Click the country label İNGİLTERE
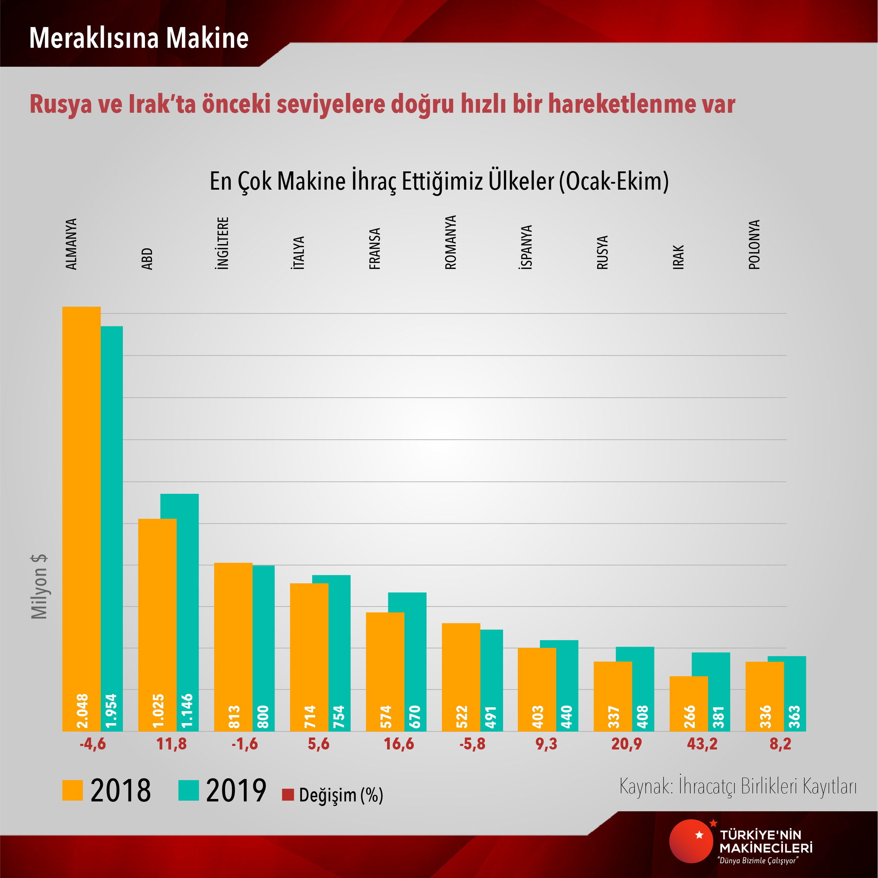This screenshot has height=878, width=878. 222,243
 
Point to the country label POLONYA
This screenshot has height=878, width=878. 754,245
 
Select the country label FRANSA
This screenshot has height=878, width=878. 375,249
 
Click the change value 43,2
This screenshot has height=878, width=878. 702,744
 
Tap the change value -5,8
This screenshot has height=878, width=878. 472,744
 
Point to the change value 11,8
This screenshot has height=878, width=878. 171,744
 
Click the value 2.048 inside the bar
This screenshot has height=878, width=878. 82,711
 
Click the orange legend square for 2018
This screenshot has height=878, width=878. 72,790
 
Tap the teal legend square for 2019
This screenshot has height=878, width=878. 189,790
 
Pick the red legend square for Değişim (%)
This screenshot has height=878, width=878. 288,795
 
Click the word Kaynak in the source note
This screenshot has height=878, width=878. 645,786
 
